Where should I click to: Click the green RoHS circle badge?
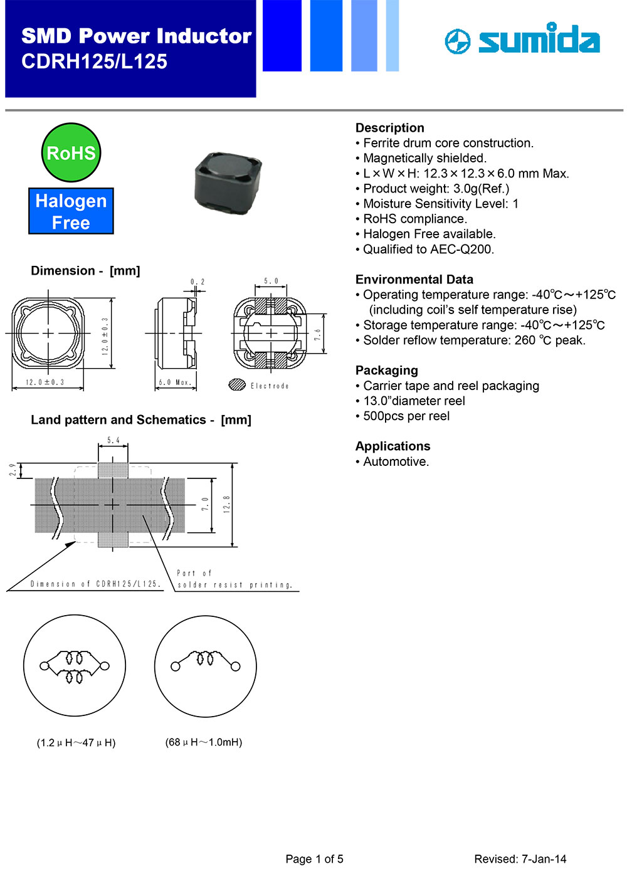(x=71, y=152)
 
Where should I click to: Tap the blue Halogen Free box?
(x=71, y=211)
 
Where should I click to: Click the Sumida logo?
(x=522, y=39)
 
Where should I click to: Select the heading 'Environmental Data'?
(x=414, y=280)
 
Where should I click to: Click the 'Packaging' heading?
(x=386, y=371)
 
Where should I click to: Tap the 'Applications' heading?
(x=393, y=446)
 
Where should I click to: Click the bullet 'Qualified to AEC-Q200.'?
(x=428, y=250)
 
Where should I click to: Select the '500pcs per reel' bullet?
(x=406, y=416)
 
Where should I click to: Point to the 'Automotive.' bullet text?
(x=396, y=462)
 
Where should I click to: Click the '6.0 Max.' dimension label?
(x=174, y=382)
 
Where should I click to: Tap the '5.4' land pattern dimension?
(x=113, y=440)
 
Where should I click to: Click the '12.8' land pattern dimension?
(x=226, y=504)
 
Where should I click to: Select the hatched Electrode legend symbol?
(x=237, y=385)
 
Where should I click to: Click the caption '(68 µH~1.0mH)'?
(x=204, y=742)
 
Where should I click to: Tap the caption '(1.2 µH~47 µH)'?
(x=76, y=743)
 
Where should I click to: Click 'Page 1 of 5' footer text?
(x=314, y=859)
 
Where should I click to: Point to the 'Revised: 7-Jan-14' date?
(x=520, y=859)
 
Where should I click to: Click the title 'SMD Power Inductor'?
(x=136, y=36)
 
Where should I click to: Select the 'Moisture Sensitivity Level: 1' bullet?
(x=440, y=204)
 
